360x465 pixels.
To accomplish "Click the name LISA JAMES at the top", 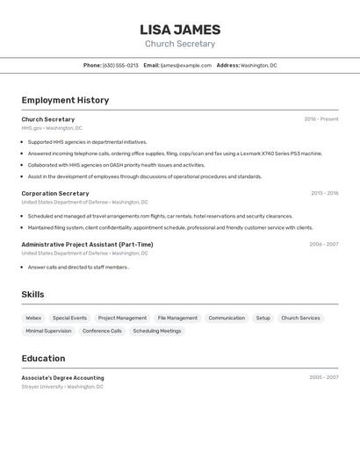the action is tap(180, 29).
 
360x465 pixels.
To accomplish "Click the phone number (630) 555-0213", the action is tap(120, 66).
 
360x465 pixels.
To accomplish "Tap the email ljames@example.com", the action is tap(186, 66).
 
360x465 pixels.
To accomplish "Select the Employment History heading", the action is tap(65, 100).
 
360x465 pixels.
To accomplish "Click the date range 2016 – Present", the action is tap(321, 119).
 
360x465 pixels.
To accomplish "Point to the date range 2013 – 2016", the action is tap(324, 193).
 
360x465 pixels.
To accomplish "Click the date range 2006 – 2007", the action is tap(323, 245).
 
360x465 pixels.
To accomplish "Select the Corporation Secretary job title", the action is tap(55, 193).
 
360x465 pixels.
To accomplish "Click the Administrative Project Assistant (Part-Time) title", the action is tap(87, 245).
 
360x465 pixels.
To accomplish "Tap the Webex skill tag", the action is tap(33, 318).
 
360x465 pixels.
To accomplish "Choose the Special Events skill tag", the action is tap(69, 318).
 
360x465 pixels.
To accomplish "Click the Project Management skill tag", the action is tap(122, 318).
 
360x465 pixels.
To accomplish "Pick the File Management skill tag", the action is tap(177, 318).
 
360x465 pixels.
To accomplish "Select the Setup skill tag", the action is tap(263, 318).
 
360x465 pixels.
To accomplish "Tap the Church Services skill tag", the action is tap(300, 318).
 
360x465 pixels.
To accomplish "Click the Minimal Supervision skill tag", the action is tap(48, 331).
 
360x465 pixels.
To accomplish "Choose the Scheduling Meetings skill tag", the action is tap(157, 331).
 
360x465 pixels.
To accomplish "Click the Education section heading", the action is tap(43, 358).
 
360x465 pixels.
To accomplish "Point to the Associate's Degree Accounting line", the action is tap(62, 378).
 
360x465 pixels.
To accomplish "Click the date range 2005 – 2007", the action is tap(323, 378).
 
